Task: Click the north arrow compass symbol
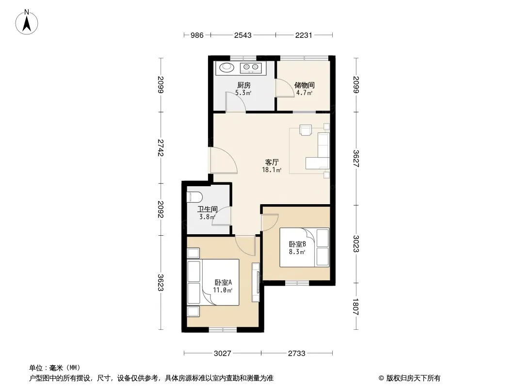27,22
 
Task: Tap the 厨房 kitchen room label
243,85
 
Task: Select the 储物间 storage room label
304,85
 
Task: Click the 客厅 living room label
272,162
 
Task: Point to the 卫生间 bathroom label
208,209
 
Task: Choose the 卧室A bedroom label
223,282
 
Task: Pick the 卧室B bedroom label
297,244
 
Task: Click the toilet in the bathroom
194,197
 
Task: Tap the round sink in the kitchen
226,67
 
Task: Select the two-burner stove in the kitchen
251,67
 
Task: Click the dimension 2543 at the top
242,35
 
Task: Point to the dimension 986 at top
197,35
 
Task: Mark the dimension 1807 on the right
355,307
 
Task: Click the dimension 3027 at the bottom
223,354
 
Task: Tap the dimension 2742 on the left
161,147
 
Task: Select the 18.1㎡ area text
272,170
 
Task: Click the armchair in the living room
306,129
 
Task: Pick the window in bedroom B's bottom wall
297,283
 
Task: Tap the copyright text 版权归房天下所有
413,378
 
